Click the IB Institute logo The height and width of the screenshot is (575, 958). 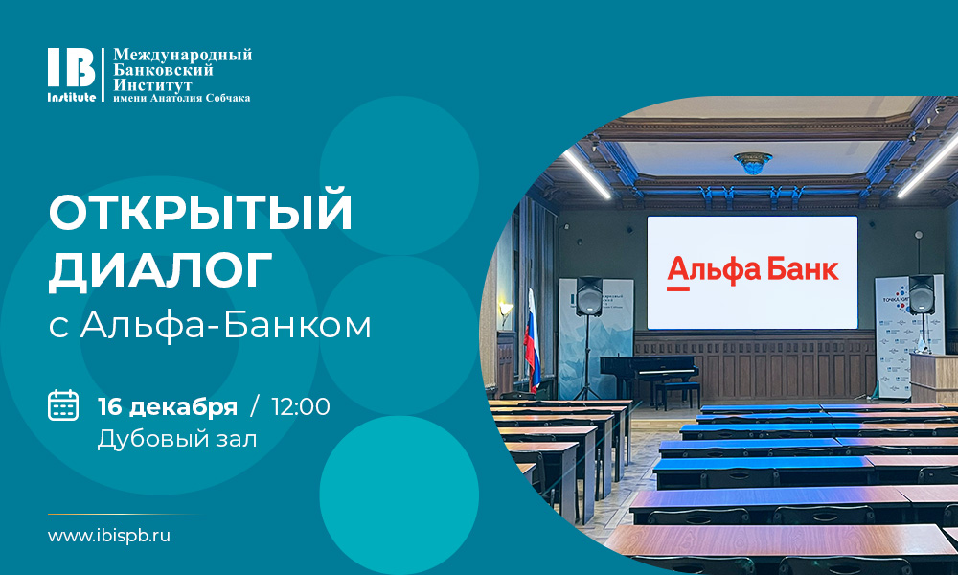(72, 74)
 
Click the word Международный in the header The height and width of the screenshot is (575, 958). (183, 55)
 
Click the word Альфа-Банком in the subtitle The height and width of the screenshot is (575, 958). (226, 326)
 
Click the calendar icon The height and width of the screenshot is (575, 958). (63, 405)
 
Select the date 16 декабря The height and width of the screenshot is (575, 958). (168, 406)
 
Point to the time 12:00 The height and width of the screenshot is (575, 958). (301, 406)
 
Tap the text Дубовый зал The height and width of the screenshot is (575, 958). (177, 438)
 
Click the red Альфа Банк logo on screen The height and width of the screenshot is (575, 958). (752, 271)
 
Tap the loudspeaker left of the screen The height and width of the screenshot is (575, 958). (589, 298)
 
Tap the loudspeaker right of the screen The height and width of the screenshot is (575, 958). (921, 292)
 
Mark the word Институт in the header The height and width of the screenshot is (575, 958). (153, 84)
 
